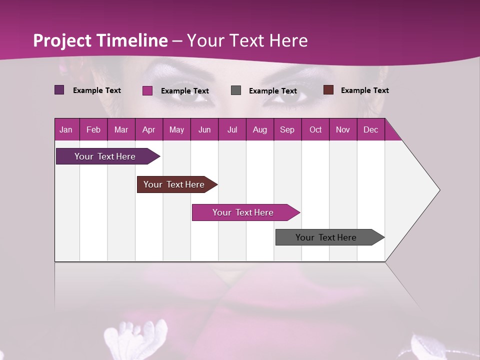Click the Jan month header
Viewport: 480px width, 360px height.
66,129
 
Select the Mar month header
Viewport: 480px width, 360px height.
121,129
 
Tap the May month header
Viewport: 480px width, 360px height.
176,129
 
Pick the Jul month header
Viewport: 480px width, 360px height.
232,129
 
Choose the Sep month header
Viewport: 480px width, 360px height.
287,129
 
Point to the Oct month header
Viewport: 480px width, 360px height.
315,129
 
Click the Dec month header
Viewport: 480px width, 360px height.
370,129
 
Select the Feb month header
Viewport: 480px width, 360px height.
93,129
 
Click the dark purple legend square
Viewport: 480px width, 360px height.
59,90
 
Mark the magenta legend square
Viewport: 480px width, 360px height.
147,90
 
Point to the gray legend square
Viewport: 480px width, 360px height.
236,90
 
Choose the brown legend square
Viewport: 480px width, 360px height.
328,90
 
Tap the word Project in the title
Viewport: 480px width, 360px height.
62,40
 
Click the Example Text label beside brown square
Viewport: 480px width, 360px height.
364,90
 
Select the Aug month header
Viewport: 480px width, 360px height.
259,129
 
